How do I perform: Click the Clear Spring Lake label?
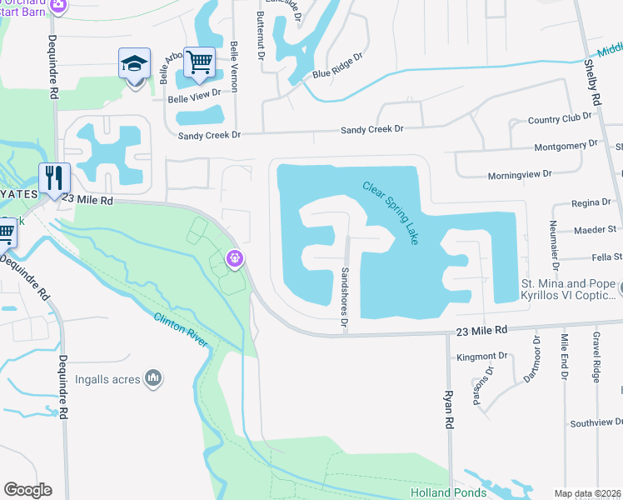pos(391,212)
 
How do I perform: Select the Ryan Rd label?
pos(448,410)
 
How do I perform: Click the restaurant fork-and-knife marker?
pos(55,178)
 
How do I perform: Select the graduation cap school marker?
pos(134,63)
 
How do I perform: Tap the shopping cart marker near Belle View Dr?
pos(199,62)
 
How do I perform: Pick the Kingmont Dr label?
pos(481,357)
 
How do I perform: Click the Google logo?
pos(27,490)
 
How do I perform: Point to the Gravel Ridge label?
pos(596,365)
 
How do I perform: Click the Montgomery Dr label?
pos(566,145)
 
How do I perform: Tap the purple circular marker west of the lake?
pos(237,259)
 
